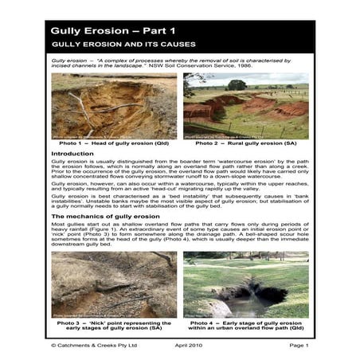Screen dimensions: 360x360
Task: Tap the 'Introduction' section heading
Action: (x=75, y=152)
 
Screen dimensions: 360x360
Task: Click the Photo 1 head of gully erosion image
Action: (x=115, y=107)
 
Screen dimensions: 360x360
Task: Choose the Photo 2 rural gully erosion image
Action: (x=245, y=107)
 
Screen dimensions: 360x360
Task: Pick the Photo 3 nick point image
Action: (x=115, y=285)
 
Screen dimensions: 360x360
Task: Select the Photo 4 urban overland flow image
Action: (x=245, y=285)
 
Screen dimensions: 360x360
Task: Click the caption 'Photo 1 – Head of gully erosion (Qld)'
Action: (x=115, y=144)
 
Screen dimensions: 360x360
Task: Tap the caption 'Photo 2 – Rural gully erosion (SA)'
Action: (x=245, y=144)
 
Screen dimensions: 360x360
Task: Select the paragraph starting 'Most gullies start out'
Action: (x=179, y=237)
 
